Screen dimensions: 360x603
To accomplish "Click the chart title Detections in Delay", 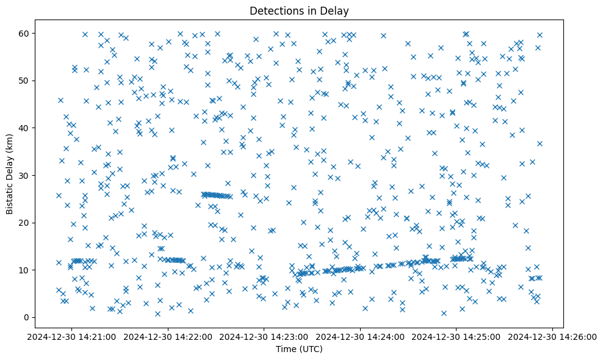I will (x=299, y=10).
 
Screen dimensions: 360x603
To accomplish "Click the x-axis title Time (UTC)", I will (x=299, y=349).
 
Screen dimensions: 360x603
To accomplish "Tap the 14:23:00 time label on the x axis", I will (x=264, y=336).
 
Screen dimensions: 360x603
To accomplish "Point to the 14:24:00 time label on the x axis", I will (x=361, y=336).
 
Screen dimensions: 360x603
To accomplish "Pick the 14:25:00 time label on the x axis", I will (x=457, y=336).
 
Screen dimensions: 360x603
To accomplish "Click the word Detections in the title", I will (x=275, y=10).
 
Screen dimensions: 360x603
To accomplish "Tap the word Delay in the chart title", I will (x=336, y=10).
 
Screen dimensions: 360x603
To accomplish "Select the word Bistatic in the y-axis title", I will (x=10, y=195).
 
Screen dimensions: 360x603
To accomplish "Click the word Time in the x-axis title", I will (x=286, y=349).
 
